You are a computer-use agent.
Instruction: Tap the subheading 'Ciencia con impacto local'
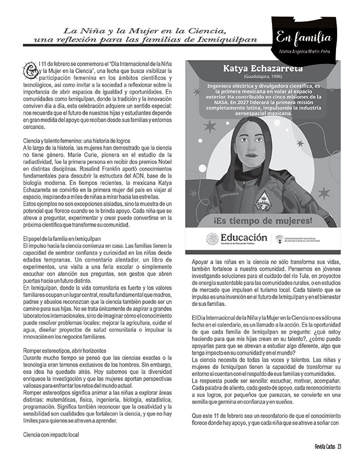point(43,434)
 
